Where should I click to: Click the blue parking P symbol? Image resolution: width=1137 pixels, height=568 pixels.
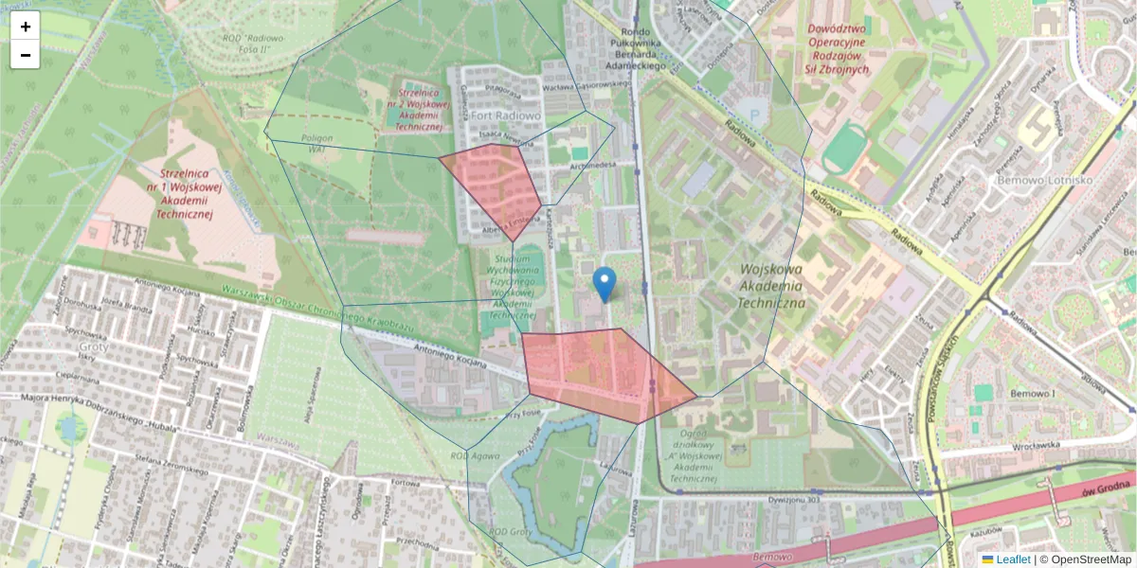tap(754, 115)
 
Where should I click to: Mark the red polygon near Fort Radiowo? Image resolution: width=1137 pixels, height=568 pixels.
tap(493, 185)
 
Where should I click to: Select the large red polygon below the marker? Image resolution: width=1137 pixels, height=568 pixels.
tap(597, 371)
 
